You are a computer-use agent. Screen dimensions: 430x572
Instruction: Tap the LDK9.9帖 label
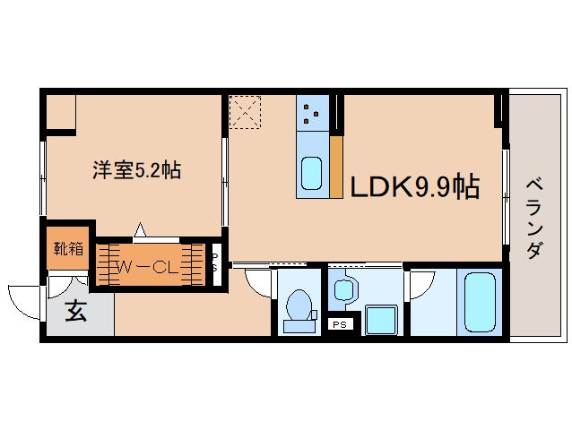coord(412,187)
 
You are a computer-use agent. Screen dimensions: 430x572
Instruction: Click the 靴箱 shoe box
coord(68,248)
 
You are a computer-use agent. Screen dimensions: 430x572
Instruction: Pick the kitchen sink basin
coord(311,174)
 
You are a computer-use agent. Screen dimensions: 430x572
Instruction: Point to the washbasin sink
coord(344,288)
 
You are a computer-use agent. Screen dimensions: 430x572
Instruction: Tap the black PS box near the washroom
coord(340,324)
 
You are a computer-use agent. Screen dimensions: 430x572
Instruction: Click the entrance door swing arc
coord(25,301)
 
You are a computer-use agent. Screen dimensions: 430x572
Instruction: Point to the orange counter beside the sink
coord(337,166)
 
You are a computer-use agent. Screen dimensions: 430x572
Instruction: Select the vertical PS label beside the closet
coord(215,262)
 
